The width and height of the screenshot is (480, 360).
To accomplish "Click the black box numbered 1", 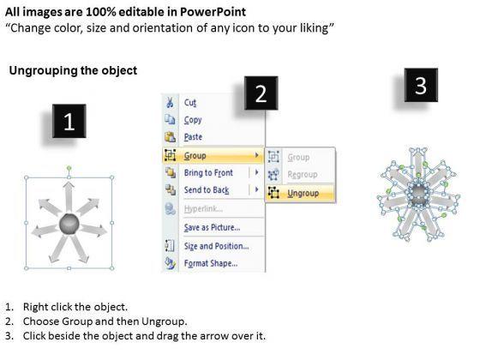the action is pos(69,121).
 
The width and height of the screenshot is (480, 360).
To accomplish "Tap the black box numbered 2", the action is pos(261,93).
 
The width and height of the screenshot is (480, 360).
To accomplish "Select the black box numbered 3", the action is pos(421,85).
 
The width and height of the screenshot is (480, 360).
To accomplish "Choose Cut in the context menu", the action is pos(190,103).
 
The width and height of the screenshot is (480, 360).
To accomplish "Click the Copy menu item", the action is pos(193,120).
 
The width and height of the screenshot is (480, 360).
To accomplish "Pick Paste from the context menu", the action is pos(193,137).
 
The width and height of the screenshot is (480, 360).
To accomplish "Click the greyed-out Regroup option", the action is pos(303,175).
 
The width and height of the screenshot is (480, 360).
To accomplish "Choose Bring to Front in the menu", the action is pos(208,173).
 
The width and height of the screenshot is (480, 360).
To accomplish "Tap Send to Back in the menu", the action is pos(207,190).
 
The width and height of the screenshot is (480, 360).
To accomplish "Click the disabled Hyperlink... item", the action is pos(203,209).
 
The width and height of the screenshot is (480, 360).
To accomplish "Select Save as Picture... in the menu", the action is pos(212,227).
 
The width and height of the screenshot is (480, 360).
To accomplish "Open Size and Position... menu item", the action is pos(216,246).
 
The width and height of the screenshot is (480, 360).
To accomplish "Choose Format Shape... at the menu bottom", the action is pos(211,263).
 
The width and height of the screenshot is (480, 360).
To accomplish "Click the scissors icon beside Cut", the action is pos(170,102).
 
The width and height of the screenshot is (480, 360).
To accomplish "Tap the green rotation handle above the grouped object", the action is pos(69,168).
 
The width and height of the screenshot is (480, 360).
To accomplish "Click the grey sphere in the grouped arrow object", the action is pos(69,225).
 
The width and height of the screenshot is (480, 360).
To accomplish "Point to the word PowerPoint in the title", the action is pos(213,12).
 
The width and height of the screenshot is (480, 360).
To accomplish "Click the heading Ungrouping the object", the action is pos(73,70).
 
